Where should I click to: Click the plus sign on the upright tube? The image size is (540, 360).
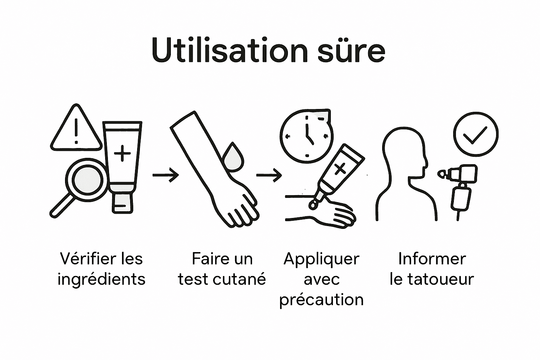tap(123, 154)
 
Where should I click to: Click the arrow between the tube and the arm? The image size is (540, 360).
tap(166, 175)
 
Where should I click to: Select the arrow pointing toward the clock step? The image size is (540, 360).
tap(269, 175)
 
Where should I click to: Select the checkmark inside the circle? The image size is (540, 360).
tap(475, 134)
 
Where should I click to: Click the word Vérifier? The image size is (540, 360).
tap(85, 259)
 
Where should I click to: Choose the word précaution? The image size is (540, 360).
tap(321, 300)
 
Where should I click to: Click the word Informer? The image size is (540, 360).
tap(432, 259)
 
